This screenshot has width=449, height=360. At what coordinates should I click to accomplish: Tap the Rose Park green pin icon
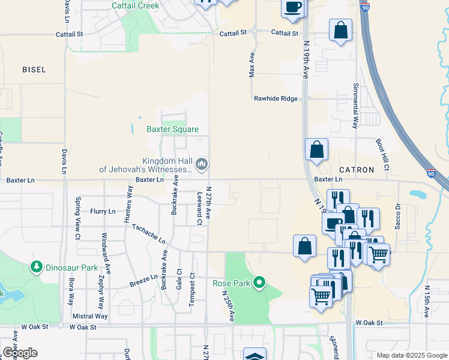[259, 281]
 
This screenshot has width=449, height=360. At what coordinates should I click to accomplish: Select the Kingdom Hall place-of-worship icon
[202, 163]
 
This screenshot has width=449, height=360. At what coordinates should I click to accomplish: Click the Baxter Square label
[172, 129]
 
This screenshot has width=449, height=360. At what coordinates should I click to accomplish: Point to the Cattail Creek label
[136, 5]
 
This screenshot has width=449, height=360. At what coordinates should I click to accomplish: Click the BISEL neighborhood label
[34, 70]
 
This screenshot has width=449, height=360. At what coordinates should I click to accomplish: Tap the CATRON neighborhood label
[357, 170]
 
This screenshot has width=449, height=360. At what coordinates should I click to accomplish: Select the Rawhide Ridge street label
[276, 98]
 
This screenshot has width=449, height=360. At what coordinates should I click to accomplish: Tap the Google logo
[20, 353]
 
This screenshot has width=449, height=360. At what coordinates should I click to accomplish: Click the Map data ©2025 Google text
[411, 355]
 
